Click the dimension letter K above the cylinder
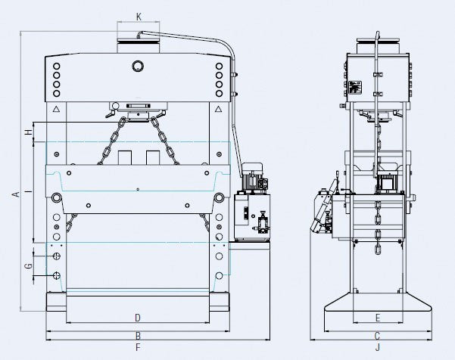point(139,17)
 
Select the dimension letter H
point(29,132)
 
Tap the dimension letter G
point(29,266)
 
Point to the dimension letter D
point(138,318)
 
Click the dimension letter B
point(138,336)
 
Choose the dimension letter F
point(138,347)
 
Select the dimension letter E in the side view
point(378,318)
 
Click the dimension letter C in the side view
point(377,336)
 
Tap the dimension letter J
point(378,347)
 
